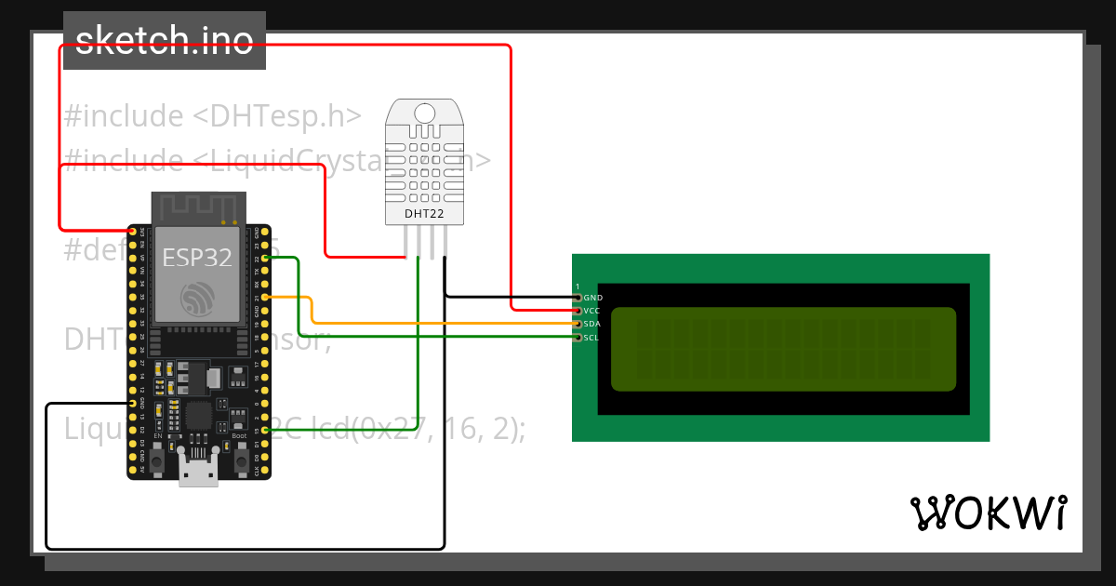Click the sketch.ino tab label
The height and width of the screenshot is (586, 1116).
pos(164,40)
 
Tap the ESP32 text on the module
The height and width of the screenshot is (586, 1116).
pos(198,257)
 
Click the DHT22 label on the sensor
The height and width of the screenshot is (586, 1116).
pos(423,214)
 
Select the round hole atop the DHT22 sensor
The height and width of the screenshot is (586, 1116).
pos(424,113)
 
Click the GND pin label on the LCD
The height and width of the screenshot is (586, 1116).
pos(592,298)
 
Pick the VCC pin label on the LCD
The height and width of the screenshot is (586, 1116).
pos(592,311)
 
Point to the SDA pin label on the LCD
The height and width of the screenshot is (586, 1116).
pos(592,324)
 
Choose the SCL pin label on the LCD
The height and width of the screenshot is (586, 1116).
pos(591,337)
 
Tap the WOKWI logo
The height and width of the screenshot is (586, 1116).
pos(988,513)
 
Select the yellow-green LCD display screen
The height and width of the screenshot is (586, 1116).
pos(783,349)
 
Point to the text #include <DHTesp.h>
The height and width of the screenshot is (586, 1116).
pos(212,116)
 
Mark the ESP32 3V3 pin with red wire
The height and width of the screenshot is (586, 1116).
pos(133,231)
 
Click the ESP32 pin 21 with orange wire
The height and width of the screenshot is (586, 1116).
pos(266,297)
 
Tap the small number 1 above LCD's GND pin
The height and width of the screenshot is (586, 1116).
pos(578,286)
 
